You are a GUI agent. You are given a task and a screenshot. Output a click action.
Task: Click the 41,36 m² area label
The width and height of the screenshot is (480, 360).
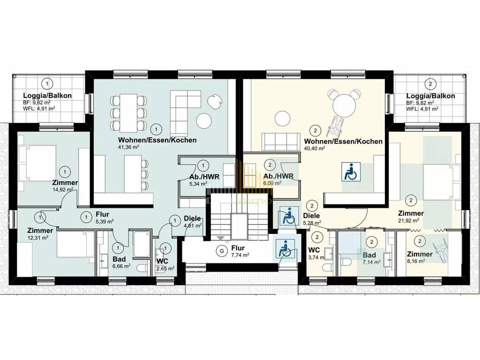tap(128, 147)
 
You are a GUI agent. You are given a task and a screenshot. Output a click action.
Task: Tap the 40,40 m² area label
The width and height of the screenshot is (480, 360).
tap(315, 148)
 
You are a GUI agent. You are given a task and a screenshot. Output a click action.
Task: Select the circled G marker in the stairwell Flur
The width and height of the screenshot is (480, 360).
tap(222, 251)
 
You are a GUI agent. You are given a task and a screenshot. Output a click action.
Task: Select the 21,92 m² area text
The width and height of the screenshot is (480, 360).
tap(408, 220)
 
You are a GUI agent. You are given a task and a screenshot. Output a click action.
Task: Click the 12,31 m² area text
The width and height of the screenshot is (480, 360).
tap(37, 237)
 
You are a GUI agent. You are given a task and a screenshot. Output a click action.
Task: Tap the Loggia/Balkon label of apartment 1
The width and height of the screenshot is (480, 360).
tap(47, 96)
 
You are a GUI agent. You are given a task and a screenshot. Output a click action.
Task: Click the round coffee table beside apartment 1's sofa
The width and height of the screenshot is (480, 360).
tap(203, 121)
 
